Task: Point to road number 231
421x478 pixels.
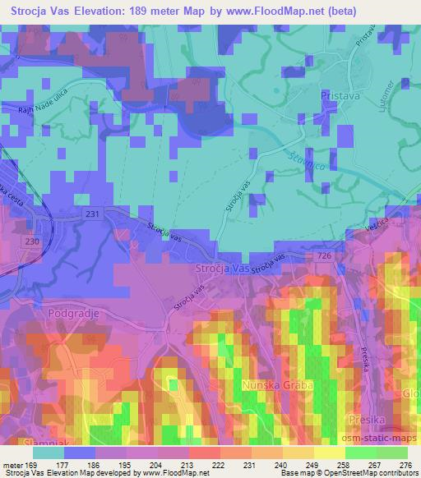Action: (x=93, y=213)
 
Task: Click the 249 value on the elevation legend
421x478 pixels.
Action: (x=312, y=465)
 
